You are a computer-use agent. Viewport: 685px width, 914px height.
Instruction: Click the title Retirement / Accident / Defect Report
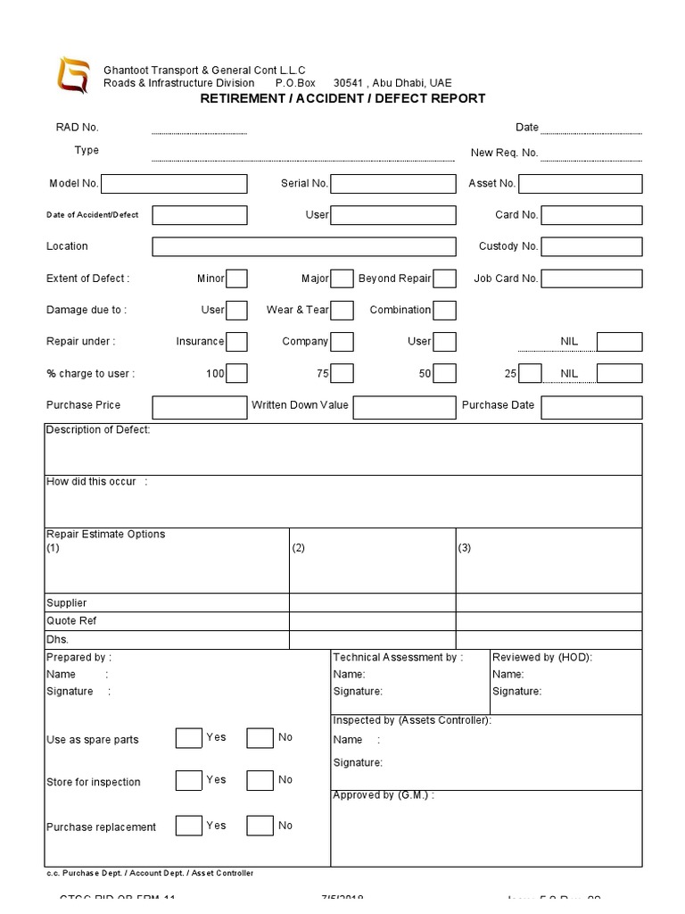pyautogui.click(x=342, y=99)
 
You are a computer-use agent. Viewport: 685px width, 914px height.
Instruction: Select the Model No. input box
pyautogui.click(x=174, y=184)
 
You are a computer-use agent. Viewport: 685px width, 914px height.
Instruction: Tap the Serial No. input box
pyautogui.click(x=393, y=184)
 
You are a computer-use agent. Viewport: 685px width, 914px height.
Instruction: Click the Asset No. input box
pyautogui.click(x=580, y=184)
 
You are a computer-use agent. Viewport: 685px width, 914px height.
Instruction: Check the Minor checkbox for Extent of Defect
pyautogui.click(x=236, y=278)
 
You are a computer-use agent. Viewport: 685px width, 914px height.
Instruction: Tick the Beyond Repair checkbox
pyautogui.click(x=445, y=278)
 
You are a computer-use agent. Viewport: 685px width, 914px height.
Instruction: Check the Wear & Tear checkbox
pyautogui.click(x=342, y=311)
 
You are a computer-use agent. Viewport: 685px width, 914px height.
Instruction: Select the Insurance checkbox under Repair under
pyautogui.click(x=236, y=342)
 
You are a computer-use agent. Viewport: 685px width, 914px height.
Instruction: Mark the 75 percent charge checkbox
pyautogui.click(x=342, y=373)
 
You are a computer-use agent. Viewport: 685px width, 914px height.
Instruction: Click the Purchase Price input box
pyautogui.click(x=199, y=407)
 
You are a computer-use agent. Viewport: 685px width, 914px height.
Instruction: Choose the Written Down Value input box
pyautogui.click(x=404, y=407)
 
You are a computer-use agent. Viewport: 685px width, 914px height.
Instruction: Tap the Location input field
pyautogui.click(x=304, y=246)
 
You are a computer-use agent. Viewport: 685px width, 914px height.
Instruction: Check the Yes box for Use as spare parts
pyautogui.click(x=188, y=738)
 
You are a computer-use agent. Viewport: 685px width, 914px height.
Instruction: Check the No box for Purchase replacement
pyautogui.click(x=260, y=826)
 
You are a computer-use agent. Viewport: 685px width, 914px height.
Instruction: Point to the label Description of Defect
pyautogui.click(x=98, y=430)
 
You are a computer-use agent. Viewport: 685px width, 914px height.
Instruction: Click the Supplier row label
pyautogui.click(x=67, y=603)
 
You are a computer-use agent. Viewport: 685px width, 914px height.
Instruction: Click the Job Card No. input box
pyautogui.click(x=591, y=278)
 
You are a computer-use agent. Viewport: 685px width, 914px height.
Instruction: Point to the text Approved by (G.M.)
pyautogui.click(x=384, y=795)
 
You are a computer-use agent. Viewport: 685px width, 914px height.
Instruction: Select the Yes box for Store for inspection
pyautogui.click(x=188, y=780)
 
